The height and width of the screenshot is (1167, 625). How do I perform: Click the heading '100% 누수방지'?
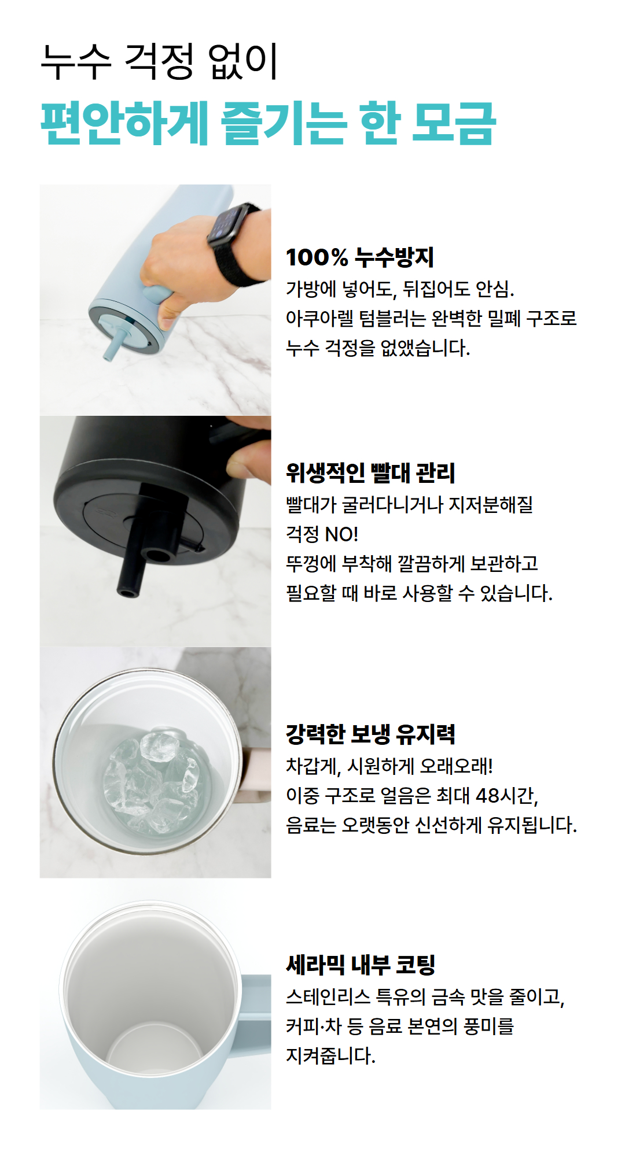pyautogui.click(x=359, y=257)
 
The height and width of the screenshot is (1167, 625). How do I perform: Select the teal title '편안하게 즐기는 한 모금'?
pyautogui.click(x=269, y=123)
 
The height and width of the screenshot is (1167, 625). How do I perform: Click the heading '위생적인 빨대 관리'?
pyautogui.click(x=370, y=473)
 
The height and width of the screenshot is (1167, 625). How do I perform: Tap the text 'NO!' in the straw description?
pyautogui.click(x=341, y=534)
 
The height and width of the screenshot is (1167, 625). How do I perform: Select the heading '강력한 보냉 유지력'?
pyautogui.click(x=370, y=734)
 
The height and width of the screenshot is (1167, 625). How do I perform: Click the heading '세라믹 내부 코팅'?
pyautogui.click(x=361, y=965)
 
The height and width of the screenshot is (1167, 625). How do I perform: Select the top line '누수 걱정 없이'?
pyautogui.click(x=160, y=61)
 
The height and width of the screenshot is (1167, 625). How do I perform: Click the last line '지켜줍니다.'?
pyautogui.click(x=330, y=1055)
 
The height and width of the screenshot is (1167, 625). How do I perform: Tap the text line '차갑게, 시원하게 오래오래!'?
pyautogui.click(x=389, y=766)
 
